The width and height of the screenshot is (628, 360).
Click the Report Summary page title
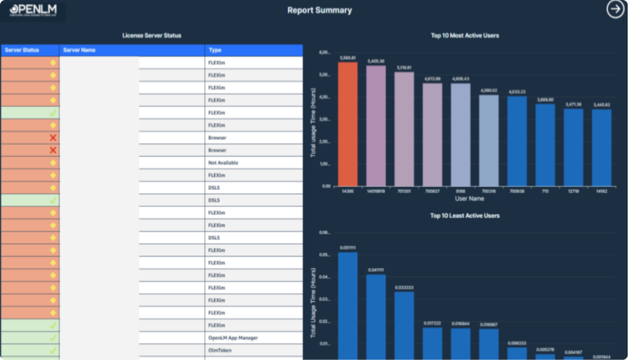pos(320,10)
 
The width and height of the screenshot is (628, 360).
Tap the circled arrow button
pos(615,9)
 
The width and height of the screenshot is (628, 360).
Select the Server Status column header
pos(22,50)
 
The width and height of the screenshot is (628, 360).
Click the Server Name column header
pos(80,50)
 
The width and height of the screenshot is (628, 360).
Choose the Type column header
pos(215,50)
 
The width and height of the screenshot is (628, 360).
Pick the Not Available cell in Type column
pos(223,163)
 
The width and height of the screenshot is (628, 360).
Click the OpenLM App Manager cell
pos(232,338)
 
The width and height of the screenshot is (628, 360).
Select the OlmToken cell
pos(220,350)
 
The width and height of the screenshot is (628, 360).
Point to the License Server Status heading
pos(151,36)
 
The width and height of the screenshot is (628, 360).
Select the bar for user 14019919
pos(375,126)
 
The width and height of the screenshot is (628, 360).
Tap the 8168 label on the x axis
pos(460,191)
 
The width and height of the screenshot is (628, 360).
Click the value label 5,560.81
pos(347,58)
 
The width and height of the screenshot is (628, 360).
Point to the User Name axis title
pos(469,199)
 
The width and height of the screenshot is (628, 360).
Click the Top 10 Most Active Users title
pos(465,36)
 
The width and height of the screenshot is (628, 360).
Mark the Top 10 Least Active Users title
pos(465,216)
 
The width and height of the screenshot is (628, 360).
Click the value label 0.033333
pos(404,287)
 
